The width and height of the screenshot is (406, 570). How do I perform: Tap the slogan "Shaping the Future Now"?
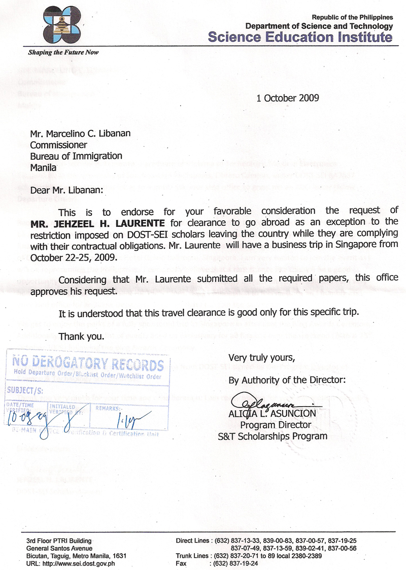tap(63, 52)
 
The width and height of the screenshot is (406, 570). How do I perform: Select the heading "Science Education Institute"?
tap(300, 37)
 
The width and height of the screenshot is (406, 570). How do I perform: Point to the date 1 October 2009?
tap(288, 98)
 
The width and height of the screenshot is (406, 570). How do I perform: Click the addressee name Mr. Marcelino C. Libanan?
tap(80, 133)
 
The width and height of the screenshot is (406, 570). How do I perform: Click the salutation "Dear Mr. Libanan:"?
tap(66, 190)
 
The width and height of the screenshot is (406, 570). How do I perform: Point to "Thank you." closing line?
tap(82, 336)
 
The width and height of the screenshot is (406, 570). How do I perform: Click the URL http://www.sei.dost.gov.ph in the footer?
tap(78, 563)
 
